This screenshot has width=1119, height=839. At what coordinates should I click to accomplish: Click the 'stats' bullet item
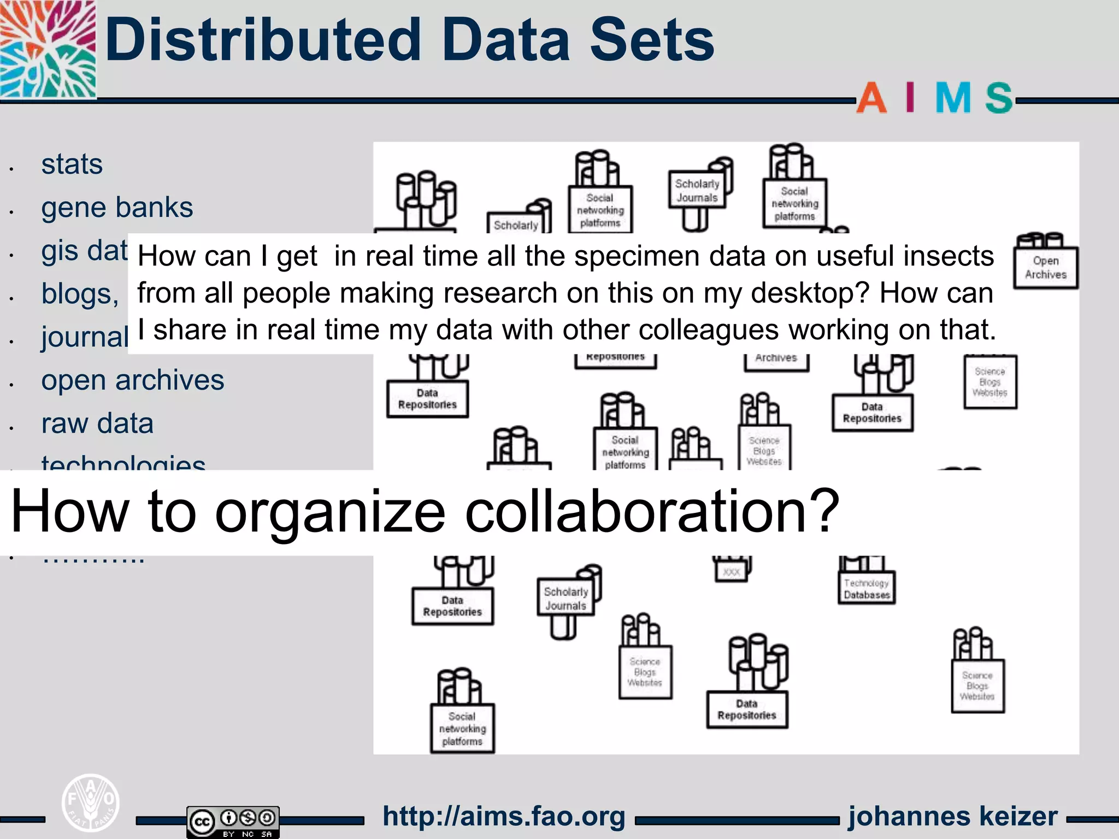(72, 164)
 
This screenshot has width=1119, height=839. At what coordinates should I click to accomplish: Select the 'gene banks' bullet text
(117, 208)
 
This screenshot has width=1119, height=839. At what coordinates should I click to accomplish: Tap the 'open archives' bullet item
(132, 380)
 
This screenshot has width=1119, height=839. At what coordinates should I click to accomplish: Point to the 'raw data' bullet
(97, 423)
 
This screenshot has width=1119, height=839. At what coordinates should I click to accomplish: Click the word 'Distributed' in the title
(263, 39)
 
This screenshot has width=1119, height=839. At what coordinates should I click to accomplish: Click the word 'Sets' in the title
(652, 39)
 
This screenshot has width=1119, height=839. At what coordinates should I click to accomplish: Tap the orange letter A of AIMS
(871, 98)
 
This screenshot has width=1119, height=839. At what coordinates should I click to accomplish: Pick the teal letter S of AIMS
(999, 98)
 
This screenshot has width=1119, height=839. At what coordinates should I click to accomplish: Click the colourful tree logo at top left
(48, 49)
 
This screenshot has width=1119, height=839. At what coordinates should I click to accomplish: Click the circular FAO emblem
(90, 803)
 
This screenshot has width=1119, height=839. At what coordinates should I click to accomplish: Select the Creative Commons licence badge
(233, 821)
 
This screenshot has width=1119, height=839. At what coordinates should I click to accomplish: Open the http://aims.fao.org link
(504, 817)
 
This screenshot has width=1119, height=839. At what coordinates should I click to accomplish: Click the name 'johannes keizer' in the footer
(952, 817)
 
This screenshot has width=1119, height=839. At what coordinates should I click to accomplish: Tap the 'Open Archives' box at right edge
(1045, 268)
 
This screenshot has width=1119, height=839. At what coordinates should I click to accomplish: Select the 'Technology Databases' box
(867, 588)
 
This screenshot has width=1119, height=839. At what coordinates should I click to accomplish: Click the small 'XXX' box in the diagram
(731, 572)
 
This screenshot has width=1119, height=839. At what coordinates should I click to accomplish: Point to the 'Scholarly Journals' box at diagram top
(697, 191)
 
